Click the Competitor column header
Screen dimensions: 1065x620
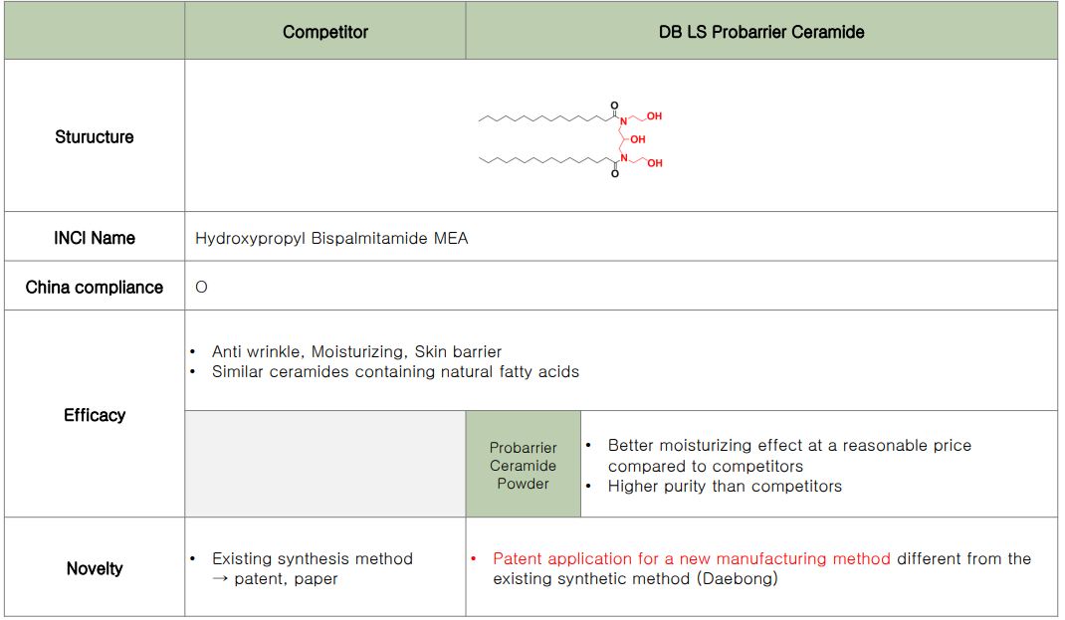pyautogui.click(x=325, y=32)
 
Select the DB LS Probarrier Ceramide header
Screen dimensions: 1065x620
pyautogui.click(x=761, y=32)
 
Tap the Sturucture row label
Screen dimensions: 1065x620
pyautogui.click(x=95, y=136)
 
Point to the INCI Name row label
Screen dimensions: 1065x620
pyautogui.click(x=95, y=238)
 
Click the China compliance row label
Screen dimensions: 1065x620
pyautogui.click(x=95, y=288)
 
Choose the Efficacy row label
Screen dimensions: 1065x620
pyautogui.click(x=95, y=415)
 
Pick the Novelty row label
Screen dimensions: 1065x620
pyautogui.click(x=95, y=568)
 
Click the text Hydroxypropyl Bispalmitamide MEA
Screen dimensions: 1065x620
pyautogui.click(x=331, y=239)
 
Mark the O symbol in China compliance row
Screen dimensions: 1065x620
pyautogui.click(x=201, y=288)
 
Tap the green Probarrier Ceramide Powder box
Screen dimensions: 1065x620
pyautogui.click(x=523, y=465)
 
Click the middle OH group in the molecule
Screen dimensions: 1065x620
pyautogui.click(x=638, y=139)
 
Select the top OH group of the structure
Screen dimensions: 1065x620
pyautogui.click(x=654, y=116)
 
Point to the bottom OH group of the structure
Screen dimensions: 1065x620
pyautogui.click(x=655, y=163)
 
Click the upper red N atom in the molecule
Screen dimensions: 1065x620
pyautogui.click(x=623, y=121)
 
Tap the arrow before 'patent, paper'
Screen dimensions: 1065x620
pyautogui.click(x=220, y=578)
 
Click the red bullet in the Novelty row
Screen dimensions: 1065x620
pyautogui.click(x=474, y=559)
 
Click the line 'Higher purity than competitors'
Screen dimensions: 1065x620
pyautogui.click(x=725, y=487)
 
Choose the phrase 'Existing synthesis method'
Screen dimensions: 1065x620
pyautogui.click(x=313, y=559)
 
